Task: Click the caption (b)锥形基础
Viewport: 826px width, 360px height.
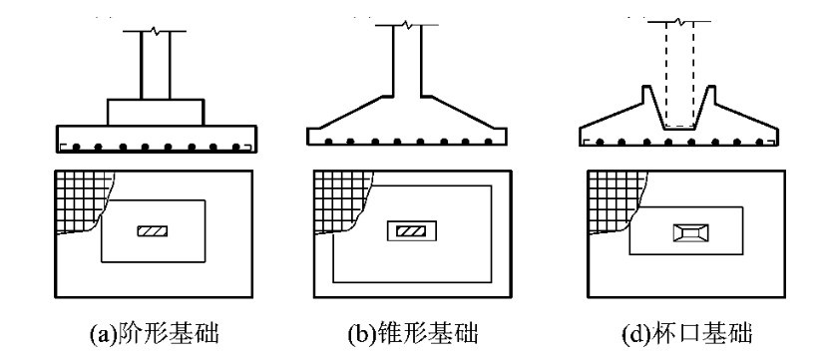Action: (413, 334)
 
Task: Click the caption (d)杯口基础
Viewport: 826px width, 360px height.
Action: (687, 334)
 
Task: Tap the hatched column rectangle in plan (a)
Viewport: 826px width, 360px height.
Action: (153, 231)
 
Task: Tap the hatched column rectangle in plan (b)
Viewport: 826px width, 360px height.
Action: (411, 231)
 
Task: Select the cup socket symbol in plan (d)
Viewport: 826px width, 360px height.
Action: (690, 232)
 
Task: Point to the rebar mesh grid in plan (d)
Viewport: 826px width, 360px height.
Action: (617, 202)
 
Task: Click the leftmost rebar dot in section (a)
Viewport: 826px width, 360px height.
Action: (77, 147)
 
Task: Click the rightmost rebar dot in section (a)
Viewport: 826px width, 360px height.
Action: (236, 147)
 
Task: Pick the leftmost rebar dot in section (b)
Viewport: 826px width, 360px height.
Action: (329, 142)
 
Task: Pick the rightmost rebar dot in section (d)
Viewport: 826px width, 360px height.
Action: (759, 142)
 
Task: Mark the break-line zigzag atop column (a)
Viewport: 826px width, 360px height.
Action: (155, 30)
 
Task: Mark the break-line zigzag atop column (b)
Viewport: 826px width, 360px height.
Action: (407, 24)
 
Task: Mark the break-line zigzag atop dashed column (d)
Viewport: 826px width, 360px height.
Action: (679, 21)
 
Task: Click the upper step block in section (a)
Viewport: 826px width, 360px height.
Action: (156, 112)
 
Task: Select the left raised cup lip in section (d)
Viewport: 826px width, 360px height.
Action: (648, 95)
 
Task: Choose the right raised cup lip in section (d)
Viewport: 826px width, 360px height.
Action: (709, 95)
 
